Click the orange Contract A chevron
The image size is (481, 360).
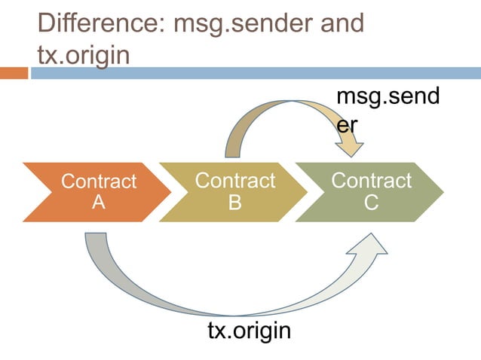tap(90, 191)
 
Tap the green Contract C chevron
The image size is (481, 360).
tap(369, 191)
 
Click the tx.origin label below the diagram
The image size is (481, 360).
tap(249, 331)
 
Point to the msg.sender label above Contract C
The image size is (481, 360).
tap(388, 109)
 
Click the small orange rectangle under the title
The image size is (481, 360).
tap(14, 73)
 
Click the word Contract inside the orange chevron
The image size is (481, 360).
tap(98, 182)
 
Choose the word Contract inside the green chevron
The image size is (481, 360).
tap(371, 181)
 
